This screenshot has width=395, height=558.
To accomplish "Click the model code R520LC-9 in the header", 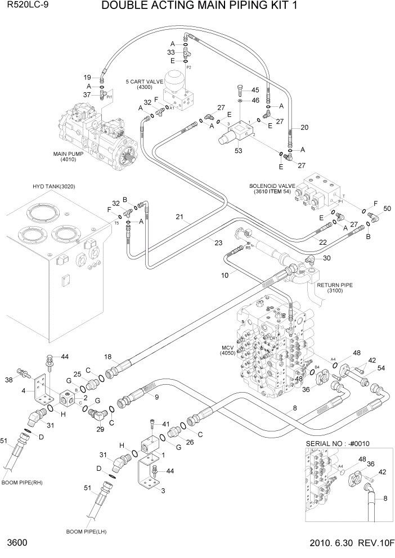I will (27, 6).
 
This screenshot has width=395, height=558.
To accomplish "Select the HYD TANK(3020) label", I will (54, 186).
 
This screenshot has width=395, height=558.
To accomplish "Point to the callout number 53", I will (238, 150).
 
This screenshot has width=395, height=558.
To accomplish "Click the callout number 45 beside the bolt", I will (254, 90).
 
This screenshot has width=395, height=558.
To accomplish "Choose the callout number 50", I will (387, 209).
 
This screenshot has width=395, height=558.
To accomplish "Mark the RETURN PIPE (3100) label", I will (334, 288).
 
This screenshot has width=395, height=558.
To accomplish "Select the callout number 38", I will (8, 380).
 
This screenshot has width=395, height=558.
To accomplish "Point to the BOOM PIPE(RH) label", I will (23, 482).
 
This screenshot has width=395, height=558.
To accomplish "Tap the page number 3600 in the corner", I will (17, 544).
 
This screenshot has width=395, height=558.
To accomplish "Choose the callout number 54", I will (381, 368).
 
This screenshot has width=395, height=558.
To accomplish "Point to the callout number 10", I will (225, 275).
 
